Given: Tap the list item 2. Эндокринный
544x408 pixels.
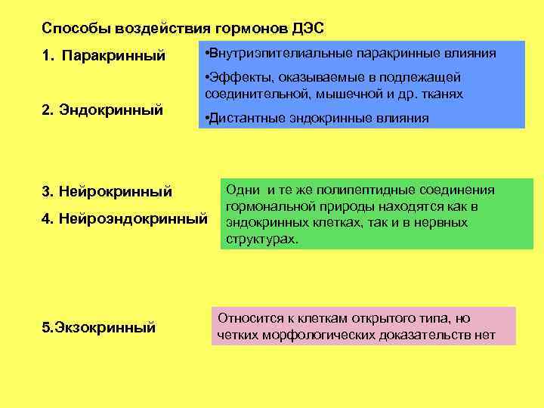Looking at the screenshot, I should [x=102, y=110].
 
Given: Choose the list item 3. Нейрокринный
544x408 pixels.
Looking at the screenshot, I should [x=107, y=192].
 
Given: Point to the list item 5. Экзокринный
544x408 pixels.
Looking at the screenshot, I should [x=99, y=327].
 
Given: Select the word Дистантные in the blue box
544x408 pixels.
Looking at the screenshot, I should [x=247, y=118].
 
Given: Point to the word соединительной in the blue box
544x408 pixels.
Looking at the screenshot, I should [x=249, y=94].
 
